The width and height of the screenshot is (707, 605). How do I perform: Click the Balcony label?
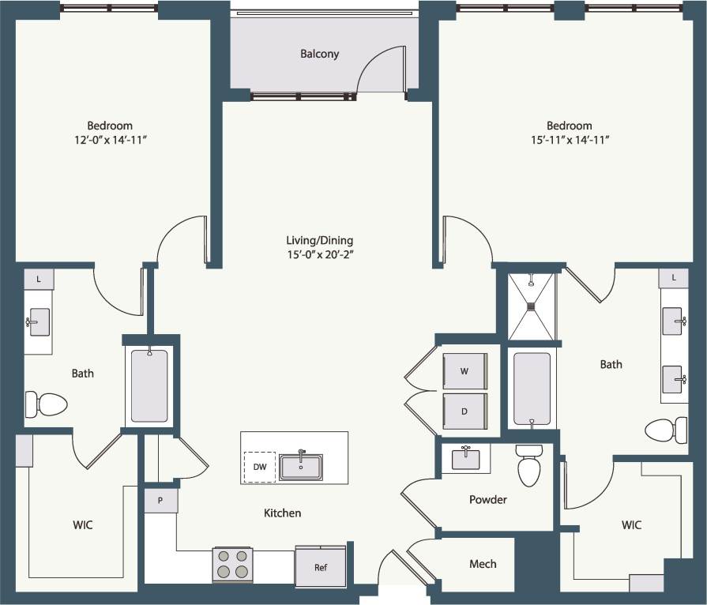(x=319, y=54)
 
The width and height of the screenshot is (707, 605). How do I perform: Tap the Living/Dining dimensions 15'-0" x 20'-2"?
(x=320, y=254)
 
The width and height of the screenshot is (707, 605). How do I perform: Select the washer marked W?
(x=464, y=370)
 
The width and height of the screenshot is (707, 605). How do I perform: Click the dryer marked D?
(x=464, y=411)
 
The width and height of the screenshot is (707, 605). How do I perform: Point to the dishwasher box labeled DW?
(x=260, y=466)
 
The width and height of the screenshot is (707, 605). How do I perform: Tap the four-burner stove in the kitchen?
(x=232, y=565)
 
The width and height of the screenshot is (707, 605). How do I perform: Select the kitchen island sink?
(x=300, y=466)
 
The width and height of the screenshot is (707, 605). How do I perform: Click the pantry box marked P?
(x=160, y=501)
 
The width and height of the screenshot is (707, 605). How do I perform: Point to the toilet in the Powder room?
(x=529, y=466)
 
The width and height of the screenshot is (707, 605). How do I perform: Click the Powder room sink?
(x=465, y=457)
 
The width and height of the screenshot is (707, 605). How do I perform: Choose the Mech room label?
(x=483, y=563)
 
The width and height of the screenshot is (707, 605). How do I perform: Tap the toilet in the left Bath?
(x=47, y=404)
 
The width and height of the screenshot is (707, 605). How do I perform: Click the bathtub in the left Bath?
(x=149, y=386)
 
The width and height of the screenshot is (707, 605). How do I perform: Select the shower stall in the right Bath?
(x=532, y=306)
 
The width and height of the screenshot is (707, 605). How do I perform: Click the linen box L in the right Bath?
(x=673, y=278)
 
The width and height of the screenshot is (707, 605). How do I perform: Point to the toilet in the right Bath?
(x=666, y=430)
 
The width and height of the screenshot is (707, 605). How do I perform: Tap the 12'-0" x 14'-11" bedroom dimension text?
(x=110, y=139)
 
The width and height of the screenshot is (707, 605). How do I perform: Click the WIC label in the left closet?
(x=83, y=524)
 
